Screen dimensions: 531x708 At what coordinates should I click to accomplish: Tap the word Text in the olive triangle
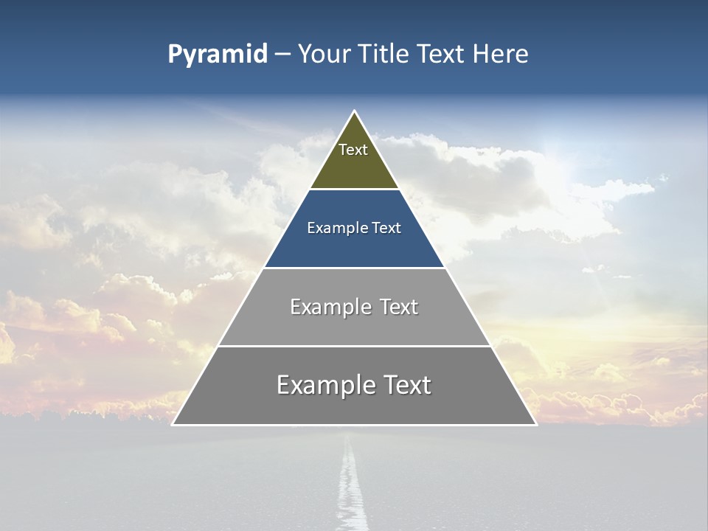tap(353, 150)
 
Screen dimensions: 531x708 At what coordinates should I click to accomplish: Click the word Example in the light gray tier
tap(329, 307)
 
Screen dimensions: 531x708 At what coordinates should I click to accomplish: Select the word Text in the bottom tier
tap(406, 385)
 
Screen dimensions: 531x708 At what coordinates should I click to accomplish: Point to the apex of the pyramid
tap(354, 112)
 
